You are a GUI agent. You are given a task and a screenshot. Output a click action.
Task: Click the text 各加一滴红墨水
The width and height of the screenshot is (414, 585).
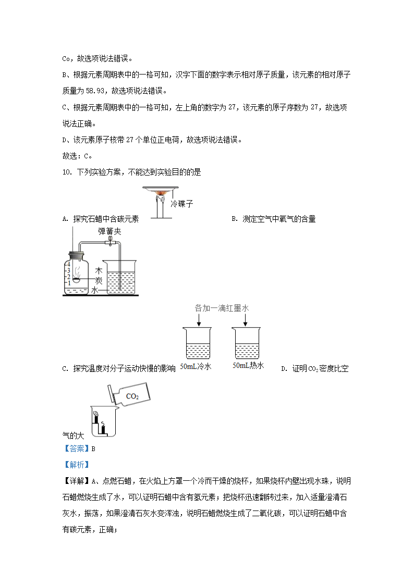222,308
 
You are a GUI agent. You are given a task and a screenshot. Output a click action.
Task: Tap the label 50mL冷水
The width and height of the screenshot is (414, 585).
196,367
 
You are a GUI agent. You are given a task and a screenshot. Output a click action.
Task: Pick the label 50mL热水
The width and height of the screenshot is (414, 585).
248,366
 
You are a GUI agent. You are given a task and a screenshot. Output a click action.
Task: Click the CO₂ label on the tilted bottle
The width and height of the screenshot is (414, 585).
132,396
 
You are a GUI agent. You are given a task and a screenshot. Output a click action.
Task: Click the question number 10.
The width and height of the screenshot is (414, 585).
66,172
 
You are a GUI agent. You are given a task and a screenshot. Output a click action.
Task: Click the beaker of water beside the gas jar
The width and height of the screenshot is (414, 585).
121,279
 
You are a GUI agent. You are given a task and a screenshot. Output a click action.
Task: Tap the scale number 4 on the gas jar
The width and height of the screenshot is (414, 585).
68,265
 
